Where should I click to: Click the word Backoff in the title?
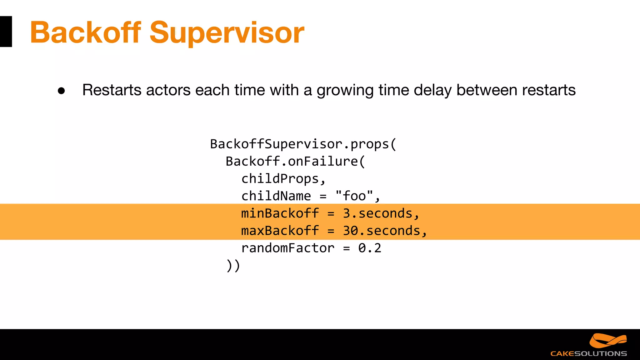point(85,32)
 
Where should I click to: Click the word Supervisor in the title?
point(227,33)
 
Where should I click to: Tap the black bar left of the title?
point(6,32)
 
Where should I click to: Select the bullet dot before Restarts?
point(62,91)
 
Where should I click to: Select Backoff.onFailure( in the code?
point(295,162)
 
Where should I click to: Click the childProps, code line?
point(283,179)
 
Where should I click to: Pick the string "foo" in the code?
point(354,196)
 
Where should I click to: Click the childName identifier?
point(276,196)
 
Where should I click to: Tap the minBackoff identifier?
point(280,213)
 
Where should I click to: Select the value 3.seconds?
point(378,213)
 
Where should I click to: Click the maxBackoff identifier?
point(280,231)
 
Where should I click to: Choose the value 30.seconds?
point(382,231)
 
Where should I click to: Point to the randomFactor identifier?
point(288,248)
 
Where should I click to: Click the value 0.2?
point(370,248)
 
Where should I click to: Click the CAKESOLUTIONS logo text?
point(588,353)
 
